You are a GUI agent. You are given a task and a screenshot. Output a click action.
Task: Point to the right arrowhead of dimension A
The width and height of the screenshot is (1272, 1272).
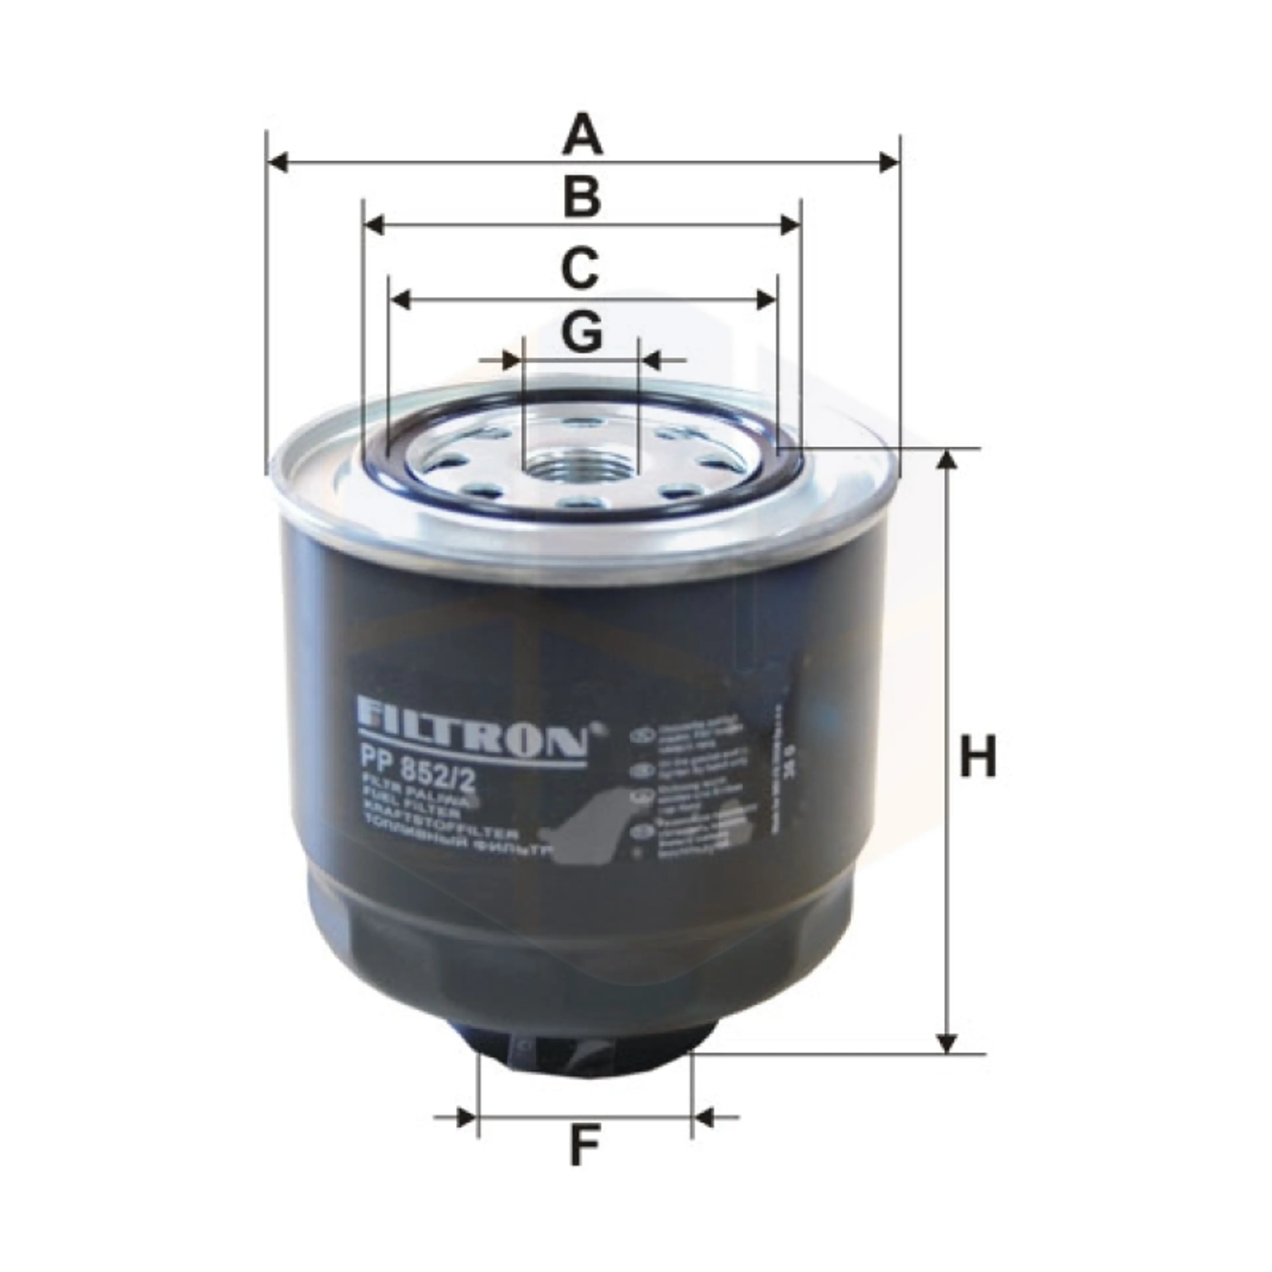click(889, 162)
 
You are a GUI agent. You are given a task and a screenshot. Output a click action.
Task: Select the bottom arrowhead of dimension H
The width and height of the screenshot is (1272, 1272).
click(947, 1042)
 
